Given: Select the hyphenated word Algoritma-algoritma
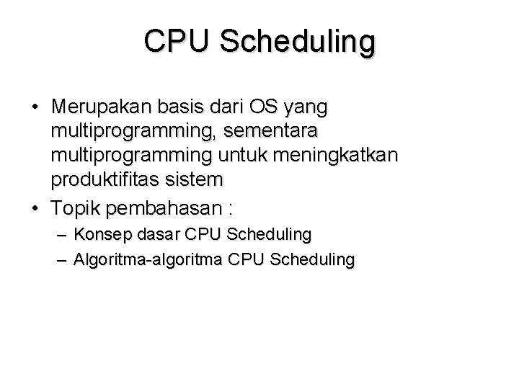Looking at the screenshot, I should click(x=148, y=259).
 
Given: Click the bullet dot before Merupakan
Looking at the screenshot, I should click(x=35, y=108).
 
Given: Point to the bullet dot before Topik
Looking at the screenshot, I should click(x=35, y=209).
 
